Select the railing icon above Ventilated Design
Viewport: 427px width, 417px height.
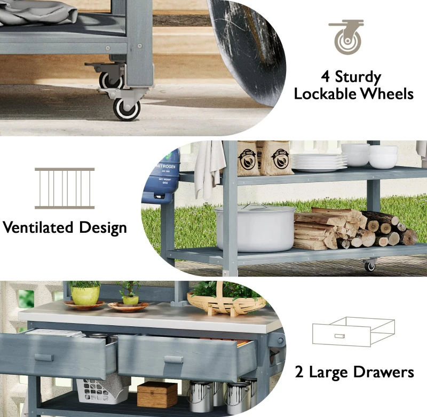(65, 188)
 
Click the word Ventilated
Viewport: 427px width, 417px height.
(38, 228)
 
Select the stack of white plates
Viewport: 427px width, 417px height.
(319, 162)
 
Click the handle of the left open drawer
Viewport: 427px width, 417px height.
(43, 357)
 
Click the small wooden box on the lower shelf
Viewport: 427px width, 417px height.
(157, 395)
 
